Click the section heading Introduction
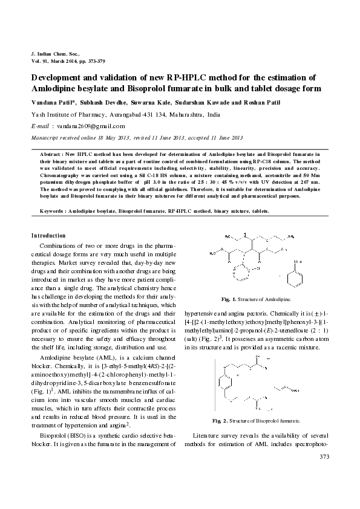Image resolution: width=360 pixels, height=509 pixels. [49, 235]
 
